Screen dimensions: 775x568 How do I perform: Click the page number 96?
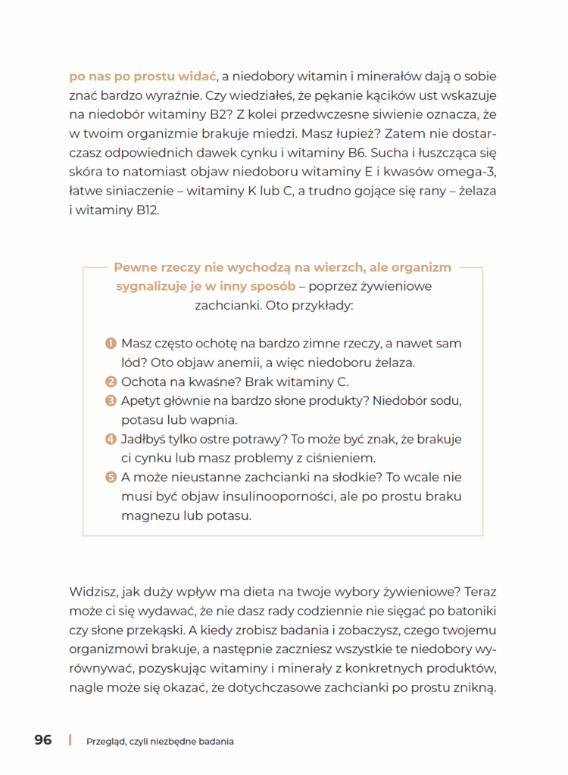[x=43, y=740]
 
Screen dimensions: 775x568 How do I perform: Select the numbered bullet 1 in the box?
[x=111, y=344]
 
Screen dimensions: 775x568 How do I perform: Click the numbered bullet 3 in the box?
[x=111, y=401]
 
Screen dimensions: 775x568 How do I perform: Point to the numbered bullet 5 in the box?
[x=111, y=478]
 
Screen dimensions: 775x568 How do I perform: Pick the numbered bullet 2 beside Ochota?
[x=111, y=382]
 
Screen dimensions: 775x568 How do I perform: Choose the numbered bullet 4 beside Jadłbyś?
[x=111, y=439]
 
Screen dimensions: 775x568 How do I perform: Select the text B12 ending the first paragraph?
[x=146, y=211]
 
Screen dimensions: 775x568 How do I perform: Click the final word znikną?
[x=474, y=689]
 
